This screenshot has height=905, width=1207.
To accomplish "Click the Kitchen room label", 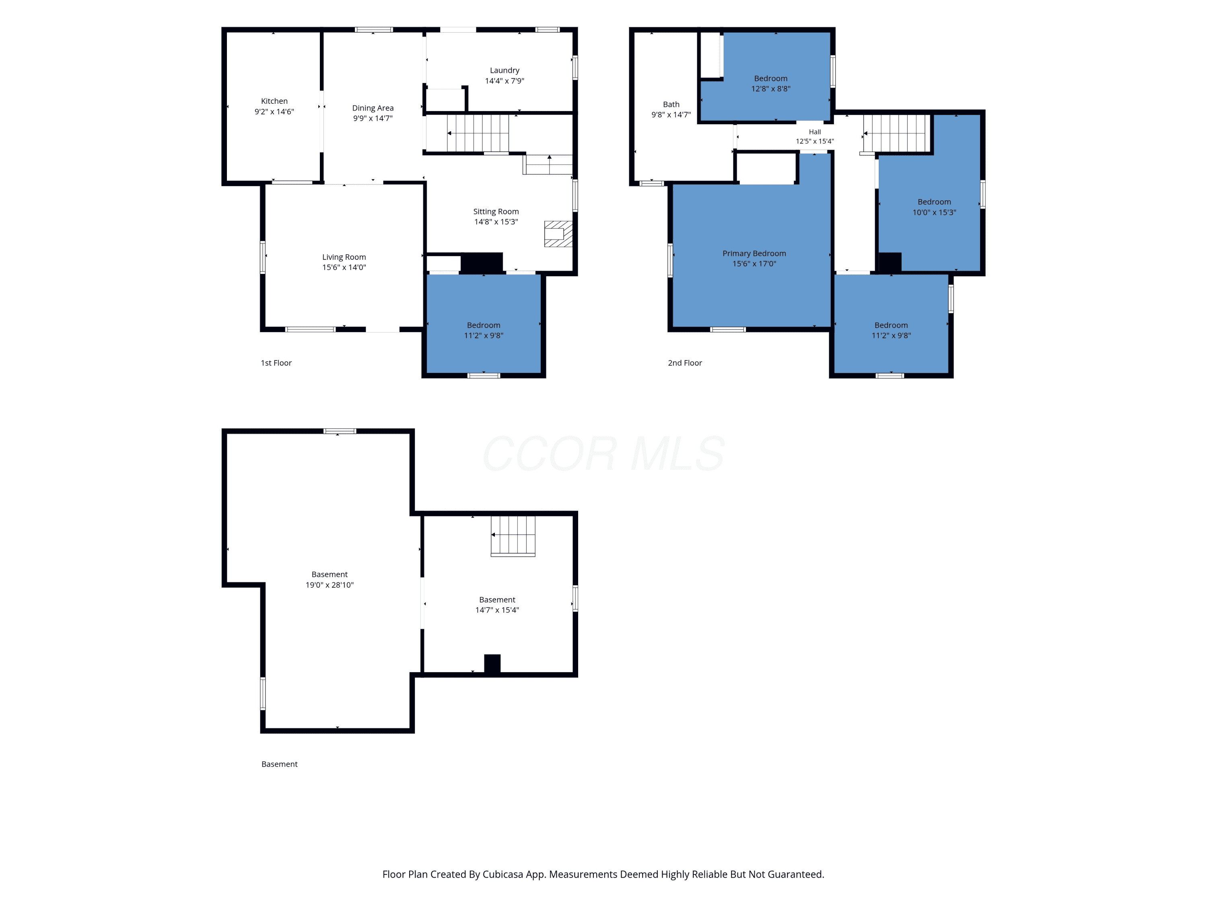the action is [x=274, y=101].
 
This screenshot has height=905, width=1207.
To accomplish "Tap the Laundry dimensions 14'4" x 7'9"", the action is [x=505, y=81].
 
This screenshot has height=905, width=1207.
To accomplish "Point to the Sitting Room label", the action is [x=496, y=212].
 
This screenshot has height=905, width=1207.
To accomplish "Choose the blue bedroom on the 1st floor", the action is [x=484, y=324].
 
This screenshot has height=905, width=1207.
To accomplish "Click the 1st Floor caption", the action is [x=276, y=363].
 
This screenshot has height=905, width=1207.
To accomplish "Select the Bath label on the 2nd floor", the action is [x=671, y=104].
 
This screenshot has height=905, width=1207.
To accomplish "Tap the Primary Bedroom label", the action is [x=754, y=254].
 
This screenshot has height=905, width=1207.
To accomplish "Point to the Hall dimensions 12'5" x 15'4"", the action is [x=815, y=141].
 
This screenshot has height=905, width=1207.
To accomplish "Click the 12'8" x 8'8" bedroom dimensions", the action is [x=770, y=89].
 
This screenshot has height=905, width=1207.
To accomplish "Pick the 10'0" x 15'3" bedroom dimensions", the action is [x=934, y=213].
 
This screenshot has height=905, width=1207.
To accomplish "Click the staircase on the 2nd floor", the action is [x=896, y=133].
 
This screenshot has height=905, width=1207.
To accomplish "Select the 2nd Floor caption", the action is [x=685, y=363].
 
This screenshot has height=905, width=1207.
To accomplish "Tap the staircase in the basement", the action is [x=513, y=536].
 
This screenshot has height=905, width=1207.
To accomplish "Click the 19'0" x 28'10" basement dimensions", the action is [x=330, y=585].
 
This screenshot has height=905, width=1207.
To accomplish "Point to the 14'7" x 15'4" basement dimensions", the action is [x=497, y=610].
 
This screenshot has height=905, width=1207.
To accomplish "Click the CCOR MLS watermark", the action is [x=603, y=453].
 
